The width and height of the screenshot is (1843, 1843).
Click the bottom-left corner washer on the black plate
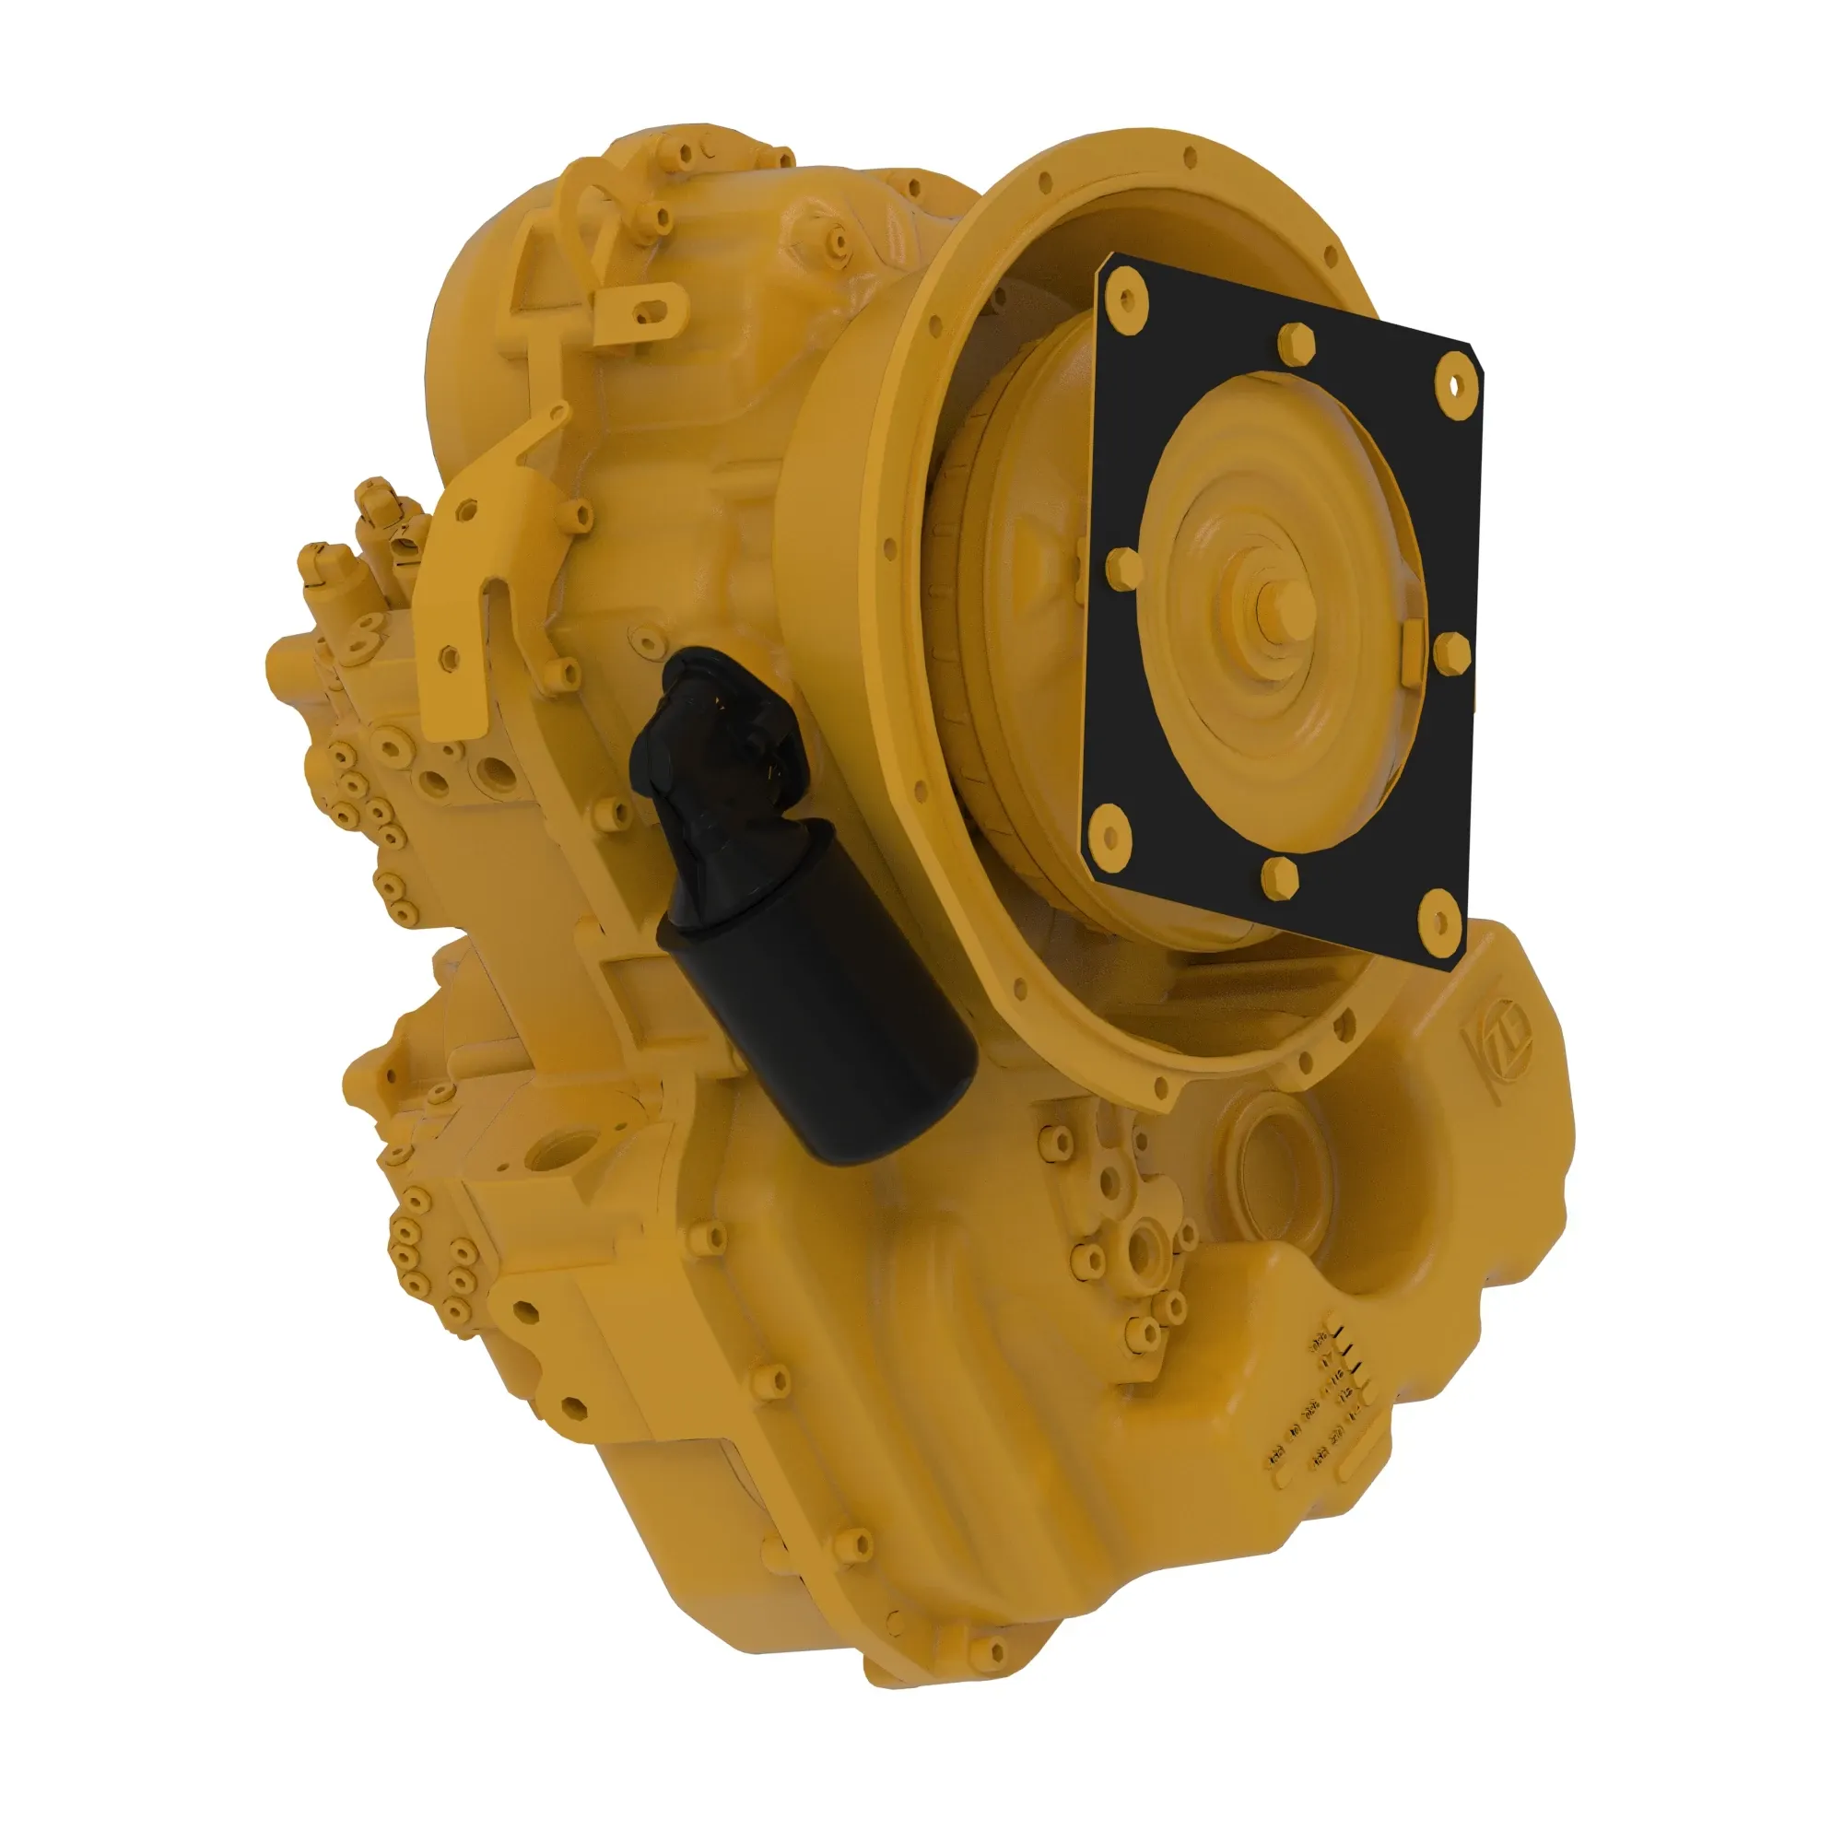pos(1109,835)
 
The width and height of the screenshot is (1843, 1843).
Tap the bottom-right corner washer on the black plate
pos(1438,921)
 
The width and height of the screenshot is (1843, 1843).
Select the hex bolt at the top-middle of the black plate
pos(1296,344)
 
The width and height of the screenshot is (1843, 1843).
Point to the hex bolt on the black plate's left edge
pos(1123,569)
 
